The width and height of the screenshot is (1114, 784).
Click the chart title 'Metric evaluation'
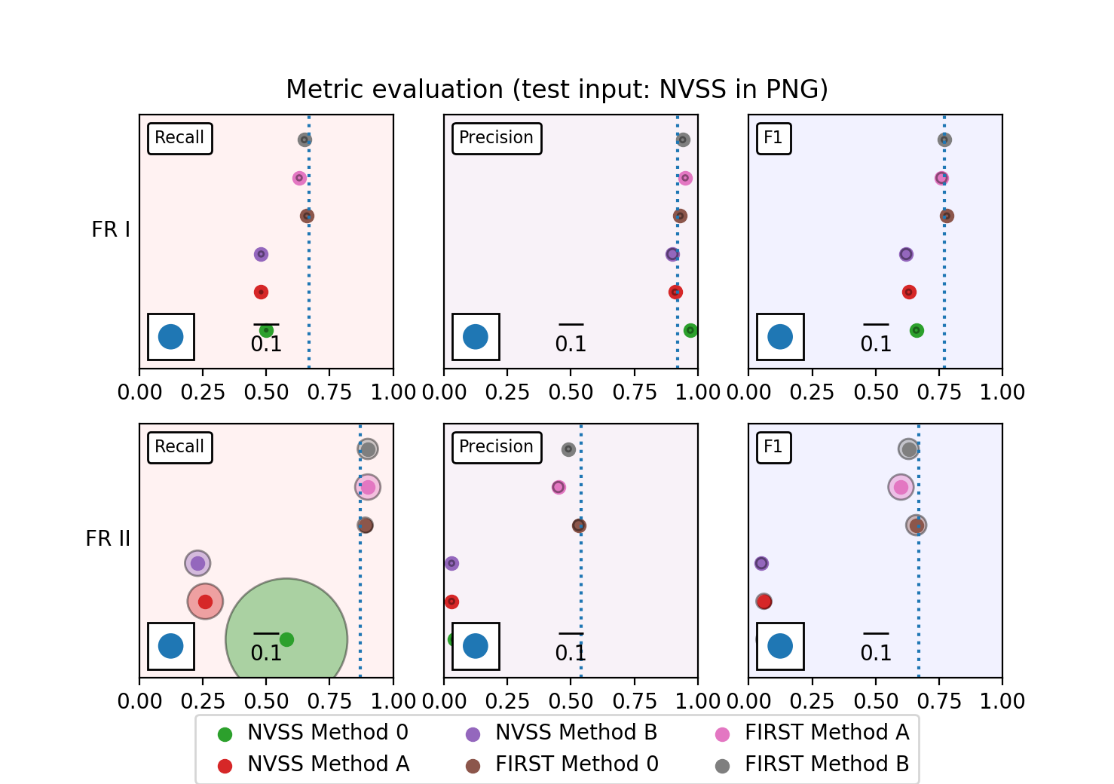tap(557, 90)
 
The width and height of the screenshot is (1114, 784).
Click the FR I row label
tap(111, 230)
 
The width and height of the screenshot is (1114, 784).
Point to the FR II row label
tap(108, 539)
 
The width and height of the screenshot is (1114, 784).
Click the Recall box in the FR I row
tap(179, 138)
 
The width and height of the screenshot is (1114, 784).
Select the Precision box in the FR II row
tap(496, 447)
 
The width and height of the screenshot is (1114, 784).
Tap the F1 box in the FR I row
tap(773, 138)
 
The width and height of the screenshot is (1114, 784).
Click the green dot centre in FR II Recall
tap(286, 639)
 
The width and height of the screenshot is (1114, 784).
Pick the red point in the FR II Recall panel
tap(205, 602)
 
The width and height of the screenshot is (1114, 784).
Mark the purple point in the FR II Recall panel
tap(197, 563)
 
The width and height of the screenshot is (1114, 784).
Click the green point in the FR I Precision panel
tap(690, 330)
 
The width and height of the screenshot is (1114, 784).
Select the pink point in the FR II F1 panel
tap(901, 487)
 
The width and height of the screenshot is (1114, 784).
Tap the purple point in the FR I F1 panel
tap(906, 254)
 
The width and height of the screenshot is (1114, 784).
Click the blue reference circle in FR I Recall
tap(171, 336)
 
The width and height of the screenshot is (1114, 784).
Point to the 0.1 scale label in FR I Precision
tap(571, 345)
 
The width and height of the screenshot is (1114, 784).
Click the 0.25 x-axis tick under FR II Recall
tap(203, 702)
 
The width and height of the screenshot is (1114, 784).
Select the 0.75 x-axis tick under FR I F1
tap(939, 393)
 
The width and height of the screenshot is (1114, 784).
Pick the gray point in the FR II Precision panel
tap(568, 449)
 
